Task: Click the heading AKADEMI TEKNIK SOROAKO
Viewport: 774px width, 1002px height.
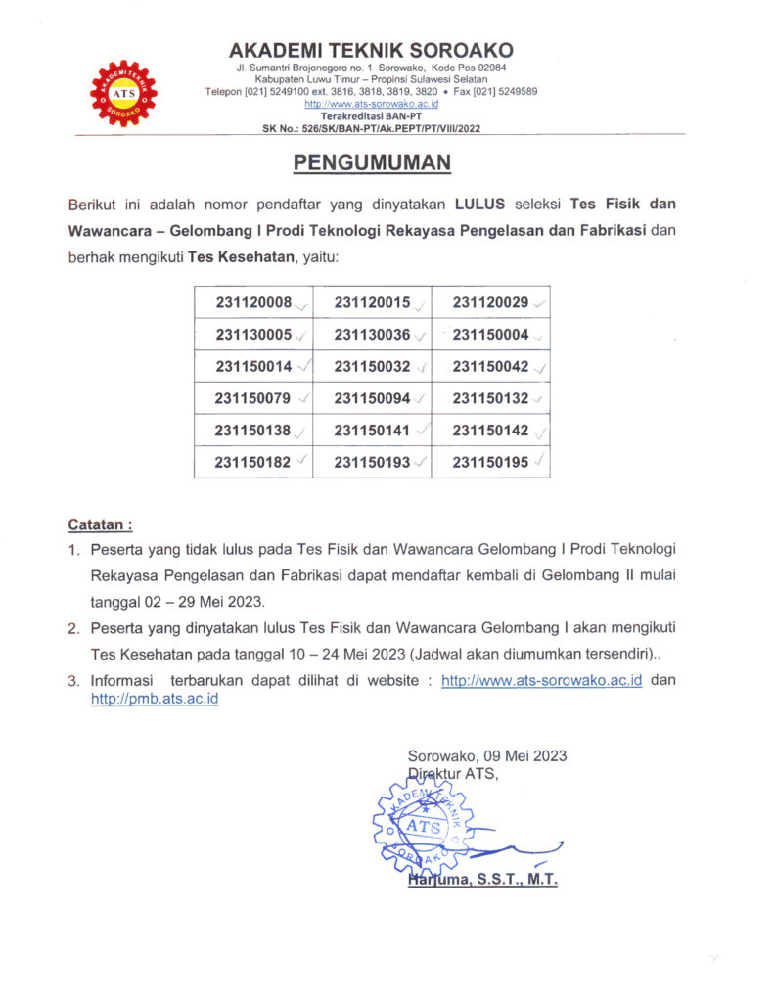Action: (371, 50)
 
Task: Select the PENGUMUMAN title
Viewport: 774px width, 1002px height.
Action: (372, 162)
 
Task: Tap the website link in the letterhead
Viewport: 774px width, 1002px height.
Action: (371, 103)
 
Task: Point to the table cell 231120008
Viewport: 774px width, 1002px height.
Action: (253, 302)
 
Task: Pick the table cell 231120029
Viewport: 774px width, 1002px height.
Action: (490, 302)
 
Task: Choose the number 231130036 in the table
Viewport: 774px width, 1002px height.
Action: (372, 335)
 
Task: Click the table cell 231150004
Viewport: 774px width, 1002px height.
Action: (490, 335)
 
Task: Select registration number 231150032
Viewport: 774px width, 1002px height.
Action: (372, 367)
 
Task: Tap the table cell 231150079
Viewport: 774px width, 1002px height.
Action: (253, 398)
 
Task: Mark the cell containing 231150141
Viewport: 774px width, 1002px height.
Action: (372, 431)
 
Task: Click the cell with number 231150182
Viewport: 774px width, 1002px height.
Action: (253, 463)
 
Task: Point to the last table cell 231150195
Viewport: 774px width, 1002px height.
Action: (490, 463)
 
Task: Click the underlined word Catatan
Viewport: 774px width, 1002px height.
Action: (99, 524)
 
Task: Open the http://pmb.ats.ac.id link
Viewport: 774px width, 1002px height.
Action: (154, 701)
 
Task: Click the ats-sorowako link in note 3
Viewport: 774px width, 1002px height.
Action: (541, 680)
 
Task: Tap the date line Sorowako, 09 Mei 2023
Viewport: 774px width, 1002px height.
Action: (486, 755)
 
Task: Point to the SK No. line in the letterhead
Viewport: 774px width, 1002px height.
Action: (371, 128)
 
